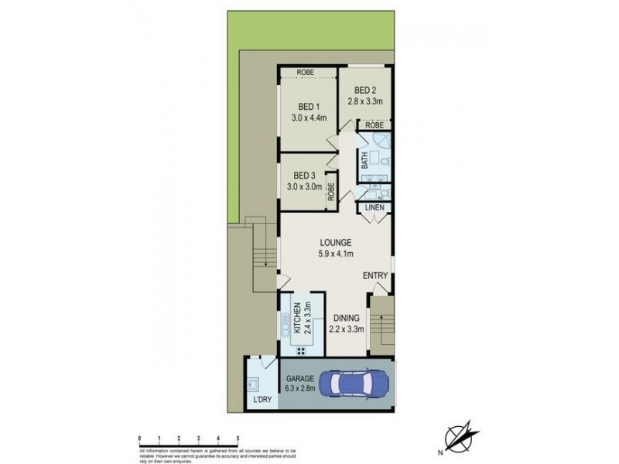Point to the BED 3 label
click(305, 175)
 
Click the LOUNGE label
click(334, 241)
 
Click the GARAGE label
click(299, 378)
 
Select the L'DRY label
click(263, 401)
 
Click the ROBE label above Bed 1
click(307, 73)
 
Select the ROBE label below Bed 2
click(374, 125)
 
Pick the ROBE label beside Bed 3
click(331, 190)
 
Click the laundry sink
click(254, 383)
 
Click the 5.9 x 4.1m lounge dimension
click(334, 253)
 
